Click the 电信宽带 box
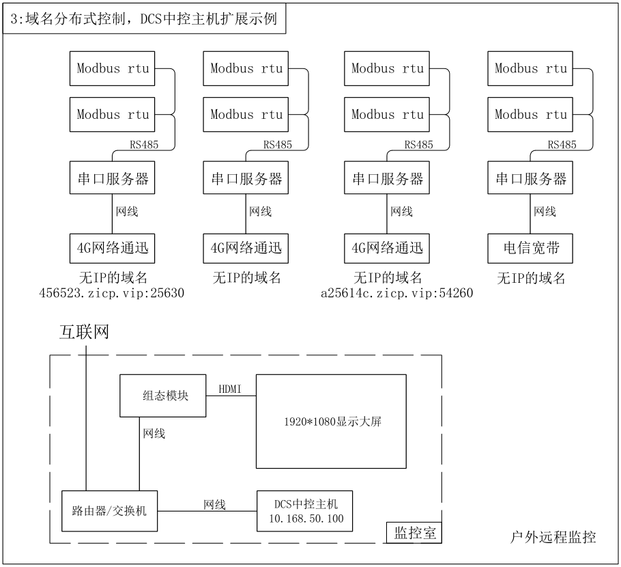click(530, 248)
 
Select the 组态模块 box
click(163, 396)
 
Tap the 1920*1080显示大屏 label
click(333, 421)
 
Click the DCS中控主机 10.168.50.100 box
click(304, 511)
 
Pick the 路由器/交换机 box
click(109, 511)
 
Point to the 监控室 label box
click(414, 533)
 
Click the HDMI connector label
click(230, 389)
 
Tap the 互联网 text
click(84, 332)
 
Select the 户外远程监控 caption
click(553, 537)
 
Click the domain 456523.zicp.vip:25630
click(112, 293)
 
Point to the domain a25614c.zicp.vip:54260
click(397, 293)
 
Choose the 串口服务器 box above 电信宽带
click(530, 178)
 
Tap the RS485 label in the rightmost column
click(562, 145)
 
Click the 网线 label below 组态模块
click(154, 433)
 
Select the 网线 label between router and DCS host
click(215, 504)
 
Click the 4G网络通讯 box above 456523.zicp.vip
click(112, 248)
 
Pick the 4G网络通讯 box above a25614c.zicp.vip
click(386, 248)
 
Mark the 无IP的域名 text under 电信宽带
click(531, 278)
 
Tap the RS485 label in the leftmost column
click(144, 145)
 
